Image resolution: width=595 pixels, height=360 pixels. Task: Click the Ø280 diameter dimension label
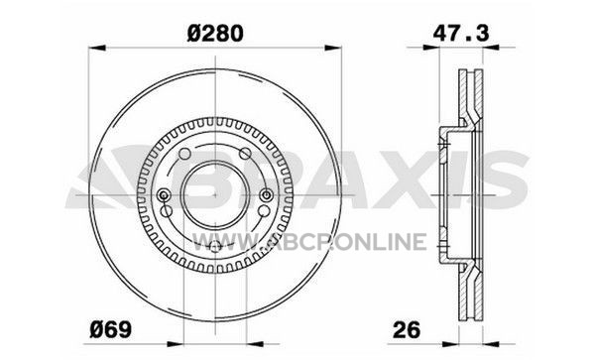215,34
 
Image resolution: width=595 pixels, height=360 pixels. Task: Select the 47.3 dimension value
461,33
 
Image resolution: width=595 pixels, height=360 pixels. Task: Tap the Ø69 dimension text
111,329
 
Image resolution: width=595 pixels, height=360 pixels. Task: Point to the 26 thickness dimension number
407,329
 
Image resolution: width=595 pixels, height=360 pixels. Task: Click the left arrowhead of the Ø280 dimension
97,48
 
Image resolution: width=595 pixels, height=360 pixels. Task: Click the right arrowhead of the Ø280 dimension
333,48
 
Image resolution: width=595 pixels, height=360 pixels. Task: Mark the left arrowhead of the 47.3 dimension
431,48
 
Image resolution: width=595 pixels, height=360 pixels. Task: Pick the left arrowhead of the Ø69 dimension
176,344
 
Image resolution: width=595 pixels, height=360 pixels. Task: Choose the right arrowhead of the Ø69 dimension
255,344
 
